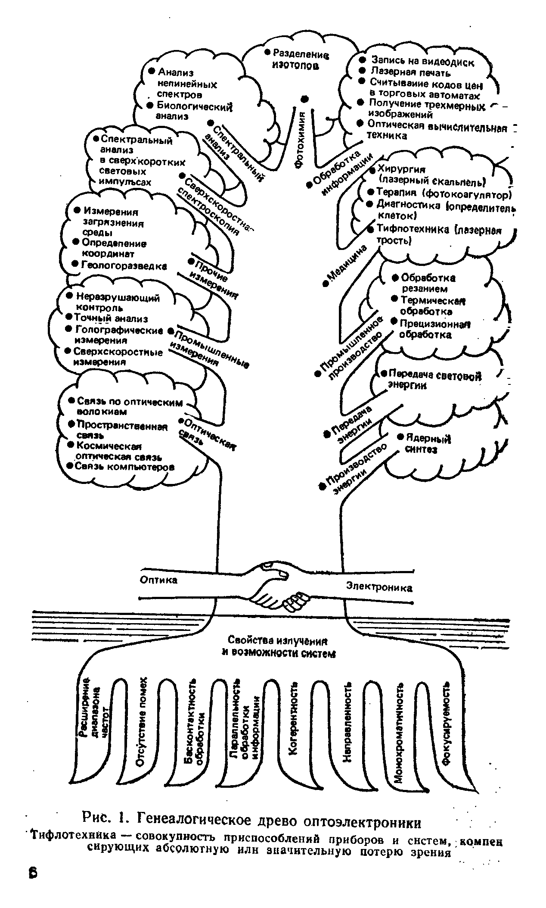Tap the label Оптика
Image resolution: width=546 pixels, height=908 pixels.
pyautogui.click(x=159, y=580)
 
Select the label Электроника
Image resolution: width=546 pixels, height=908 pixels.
pyautogui.click(x=379, y=587)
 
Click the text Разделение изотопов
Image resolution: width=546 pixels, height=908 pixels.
pyautogui.click(x=298, y=59)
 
